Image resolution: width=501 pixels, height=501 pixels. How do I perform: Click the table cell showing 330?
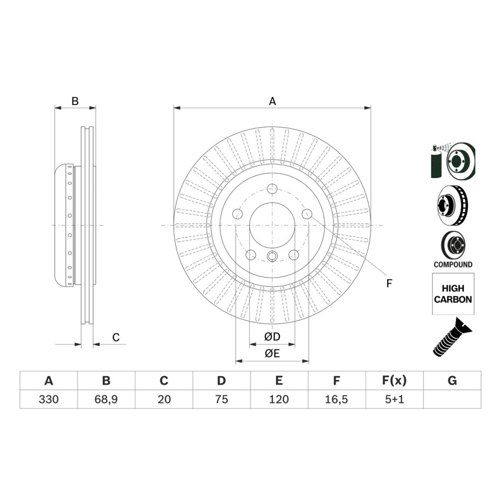tap(49, 399)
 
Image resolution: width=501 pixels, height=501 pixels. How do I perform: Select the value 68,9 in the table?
tap(106, 399)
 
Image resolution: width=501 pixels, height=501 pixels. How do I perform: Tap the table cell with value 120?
tap(279, 399)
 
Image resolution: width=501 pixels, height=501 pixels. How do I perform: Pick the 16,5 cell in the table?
tap(337, 399)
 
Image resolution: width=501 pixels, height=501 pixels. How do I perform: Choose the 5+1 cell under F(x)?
tap(395, 399)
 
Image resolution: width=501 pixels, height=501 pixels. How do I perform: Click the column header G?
tap(452, 381)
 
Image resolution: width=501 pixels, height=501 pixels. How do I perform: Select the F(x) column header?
tap(395, 381)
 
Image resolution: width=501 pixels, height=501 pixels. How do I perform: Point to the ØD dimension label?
tap(272, 336)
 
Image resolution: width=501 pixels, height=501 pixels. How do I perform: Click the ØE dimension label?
tap(272, 353)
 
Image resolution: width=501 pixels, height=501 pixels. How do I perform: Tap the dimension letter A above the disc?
tap(272, 101)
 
